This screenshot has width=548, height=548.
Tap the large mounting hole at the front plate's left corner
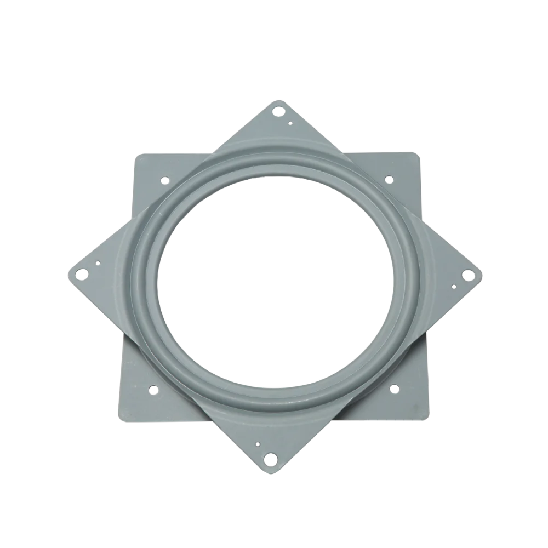81,272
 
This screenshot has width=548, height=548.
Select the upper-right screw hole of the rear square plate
389,179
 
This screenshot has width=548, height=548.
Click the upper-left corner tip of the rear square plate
134,155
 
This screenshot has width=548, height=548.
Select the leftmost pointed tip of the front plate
67,272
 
